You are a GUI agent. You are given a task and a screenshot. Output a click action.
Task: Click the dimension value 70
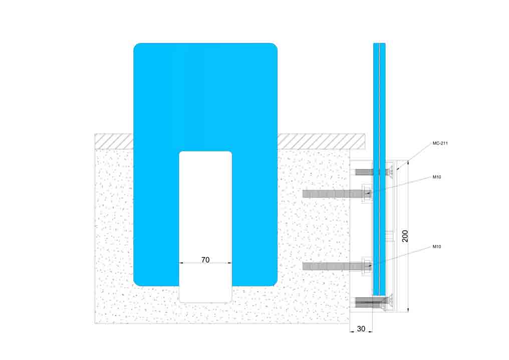coord(205,260)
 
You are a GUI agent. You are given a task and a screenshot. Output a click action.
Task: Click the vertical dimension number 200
coord(405,236)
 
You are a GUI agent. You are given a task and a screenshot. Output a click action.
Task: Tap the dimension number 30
coord(361,328)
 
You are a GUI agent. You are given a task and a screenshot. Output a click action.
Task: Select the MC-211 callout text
coord(440,143)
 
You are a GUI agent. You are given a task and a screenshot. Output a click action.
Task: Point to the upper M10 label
coord(437,177)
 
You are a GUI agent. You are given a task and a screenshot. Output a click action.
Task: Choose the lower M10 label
coord(437,247)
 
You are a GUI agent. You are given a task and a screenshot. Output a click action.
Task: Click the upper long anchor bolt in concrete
coord(334,194)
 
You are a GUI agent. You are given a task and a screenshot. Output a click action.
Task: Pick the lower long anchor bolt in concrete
coord(334,266)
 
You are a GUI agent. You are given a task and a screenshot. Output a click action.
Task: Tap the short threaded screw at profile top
coord(372,172)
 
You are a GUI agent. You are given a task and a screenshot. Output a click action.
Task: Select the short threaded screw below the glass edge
coord(372,302)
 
